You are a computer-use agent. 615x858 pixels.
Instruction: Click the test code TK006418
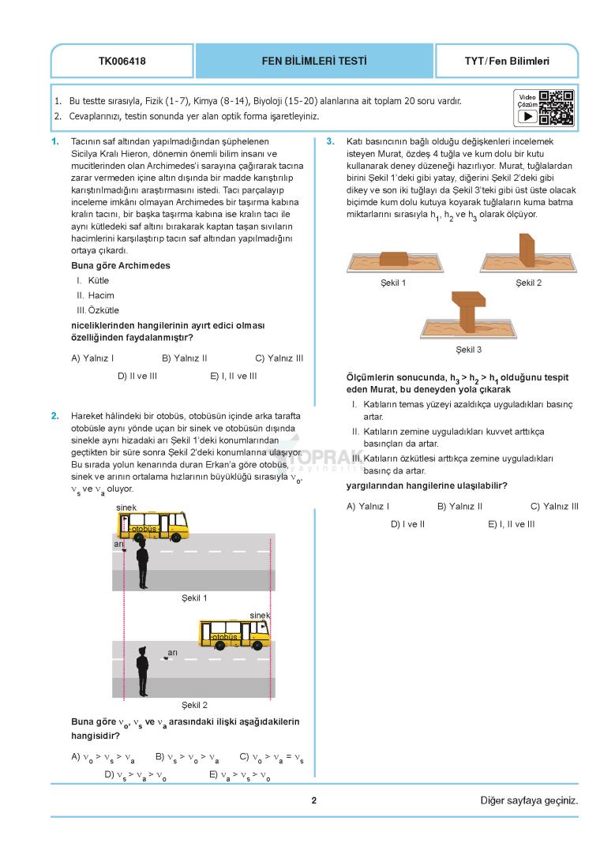pos(122,61)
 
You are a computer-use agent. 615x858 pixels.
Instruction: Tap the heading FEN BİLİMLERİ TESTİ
pos(313,61)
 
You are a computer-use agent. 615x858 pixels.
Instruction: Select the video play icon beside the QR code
pos(527,116)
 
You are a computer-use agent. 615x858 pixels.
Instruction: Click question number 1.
pos(54,141)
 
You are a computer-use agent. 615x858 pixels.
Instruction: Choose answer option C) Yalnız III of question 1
pos(279,358)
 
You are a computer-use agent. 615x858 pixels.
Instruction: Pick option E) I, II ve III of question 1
pos(233,376)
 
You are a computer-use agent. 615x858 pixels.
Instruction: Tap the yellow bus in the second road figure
pos(234,632)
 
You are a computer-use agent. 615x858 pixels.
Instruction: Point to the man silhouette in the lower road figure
pos(142,671)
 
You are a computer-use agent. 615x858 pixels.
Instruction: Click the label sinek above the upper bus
pos(126,507)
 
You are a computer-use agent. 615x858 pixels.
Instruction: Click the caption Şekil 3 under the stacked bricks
pos(468,349)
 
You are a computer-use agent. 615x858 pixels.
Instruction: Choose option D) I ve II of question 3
pos(407,523)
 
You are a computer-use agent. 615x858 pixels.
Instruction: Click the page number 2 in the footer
pos(313,800)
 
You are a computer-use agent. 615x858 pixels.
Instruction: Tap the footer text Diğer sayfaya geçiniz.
pos(529,800)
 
